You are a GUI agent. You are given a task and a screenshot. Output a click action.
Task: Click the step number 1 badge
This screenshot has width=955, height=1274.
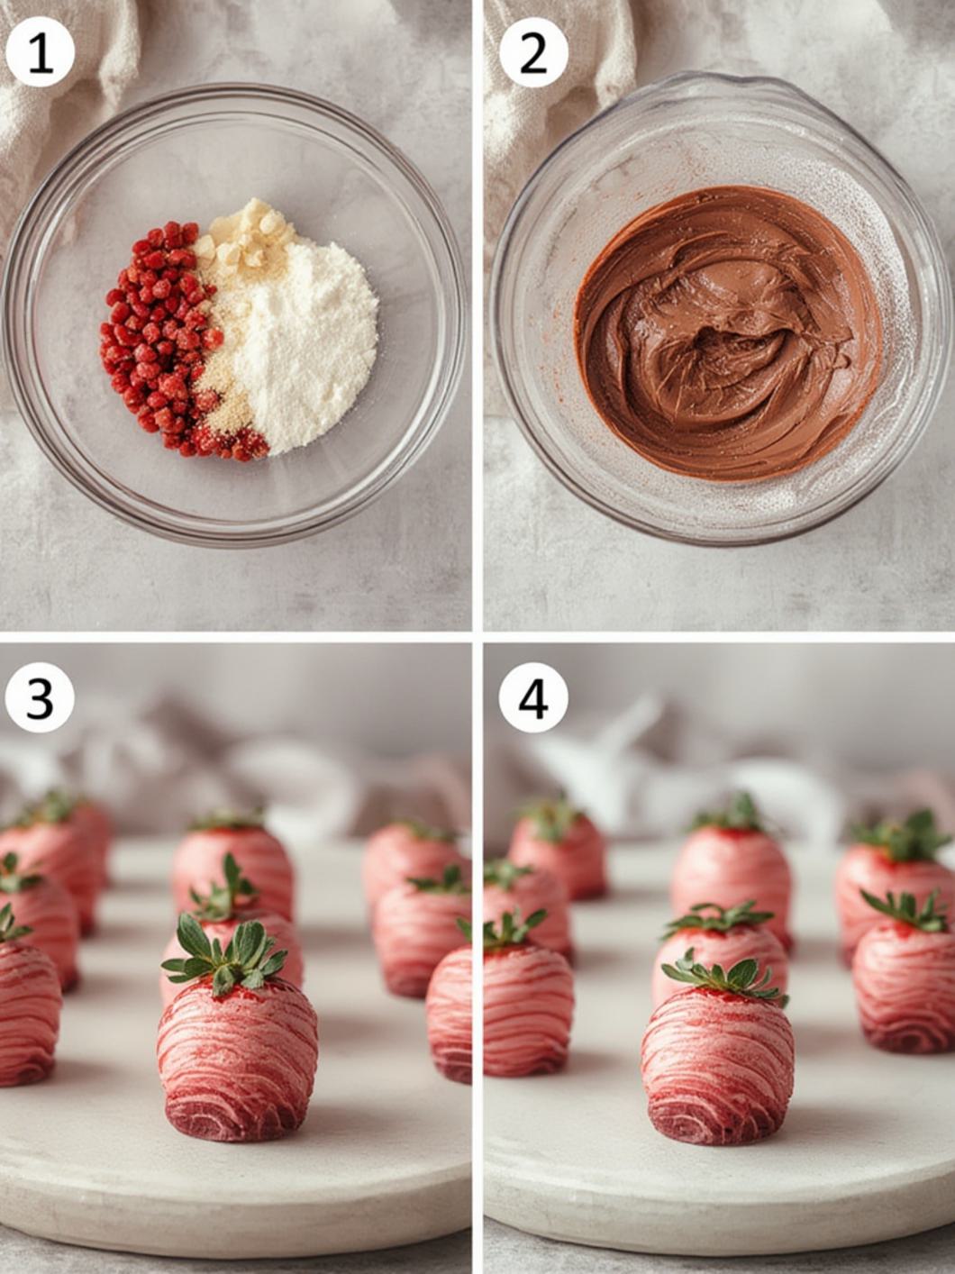[x=40, y=53]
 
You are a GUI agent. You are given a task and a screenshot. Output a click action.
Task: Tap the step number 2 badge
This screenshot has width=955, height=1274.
[x=533, y=53]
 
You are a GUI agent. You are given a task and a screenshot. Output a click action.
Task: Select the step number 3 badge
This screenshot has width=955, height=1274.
[x=40, y=697]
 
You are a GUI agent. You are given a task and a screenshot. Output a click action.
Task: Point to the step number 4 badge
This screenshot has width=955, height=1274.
[x=533, y=697]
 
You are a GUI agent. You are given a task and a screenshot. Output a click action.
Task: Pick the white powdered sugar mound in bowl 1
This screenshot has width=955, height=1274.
[x=302, y=342]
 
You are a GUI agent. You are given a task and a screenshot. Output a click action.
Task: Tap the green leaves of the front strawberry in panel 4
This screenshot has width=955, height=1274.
[x=725, y=977]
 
